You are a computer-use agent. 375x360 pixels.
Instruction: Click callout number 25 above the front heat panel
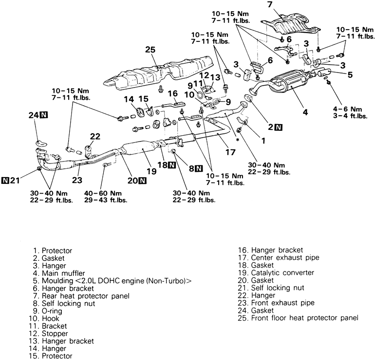coord(149,50)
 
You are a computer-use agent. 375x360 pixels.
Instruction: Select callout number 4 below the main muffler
coord(305,112)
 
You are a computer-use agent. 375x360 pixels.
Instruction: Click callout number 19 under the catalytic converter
coord(151,171)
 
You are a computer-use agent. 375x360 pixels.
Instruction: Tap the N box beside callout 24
coord(44,115)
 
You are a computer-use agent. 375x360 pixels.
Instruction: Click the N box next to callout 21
coord(6,181)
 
